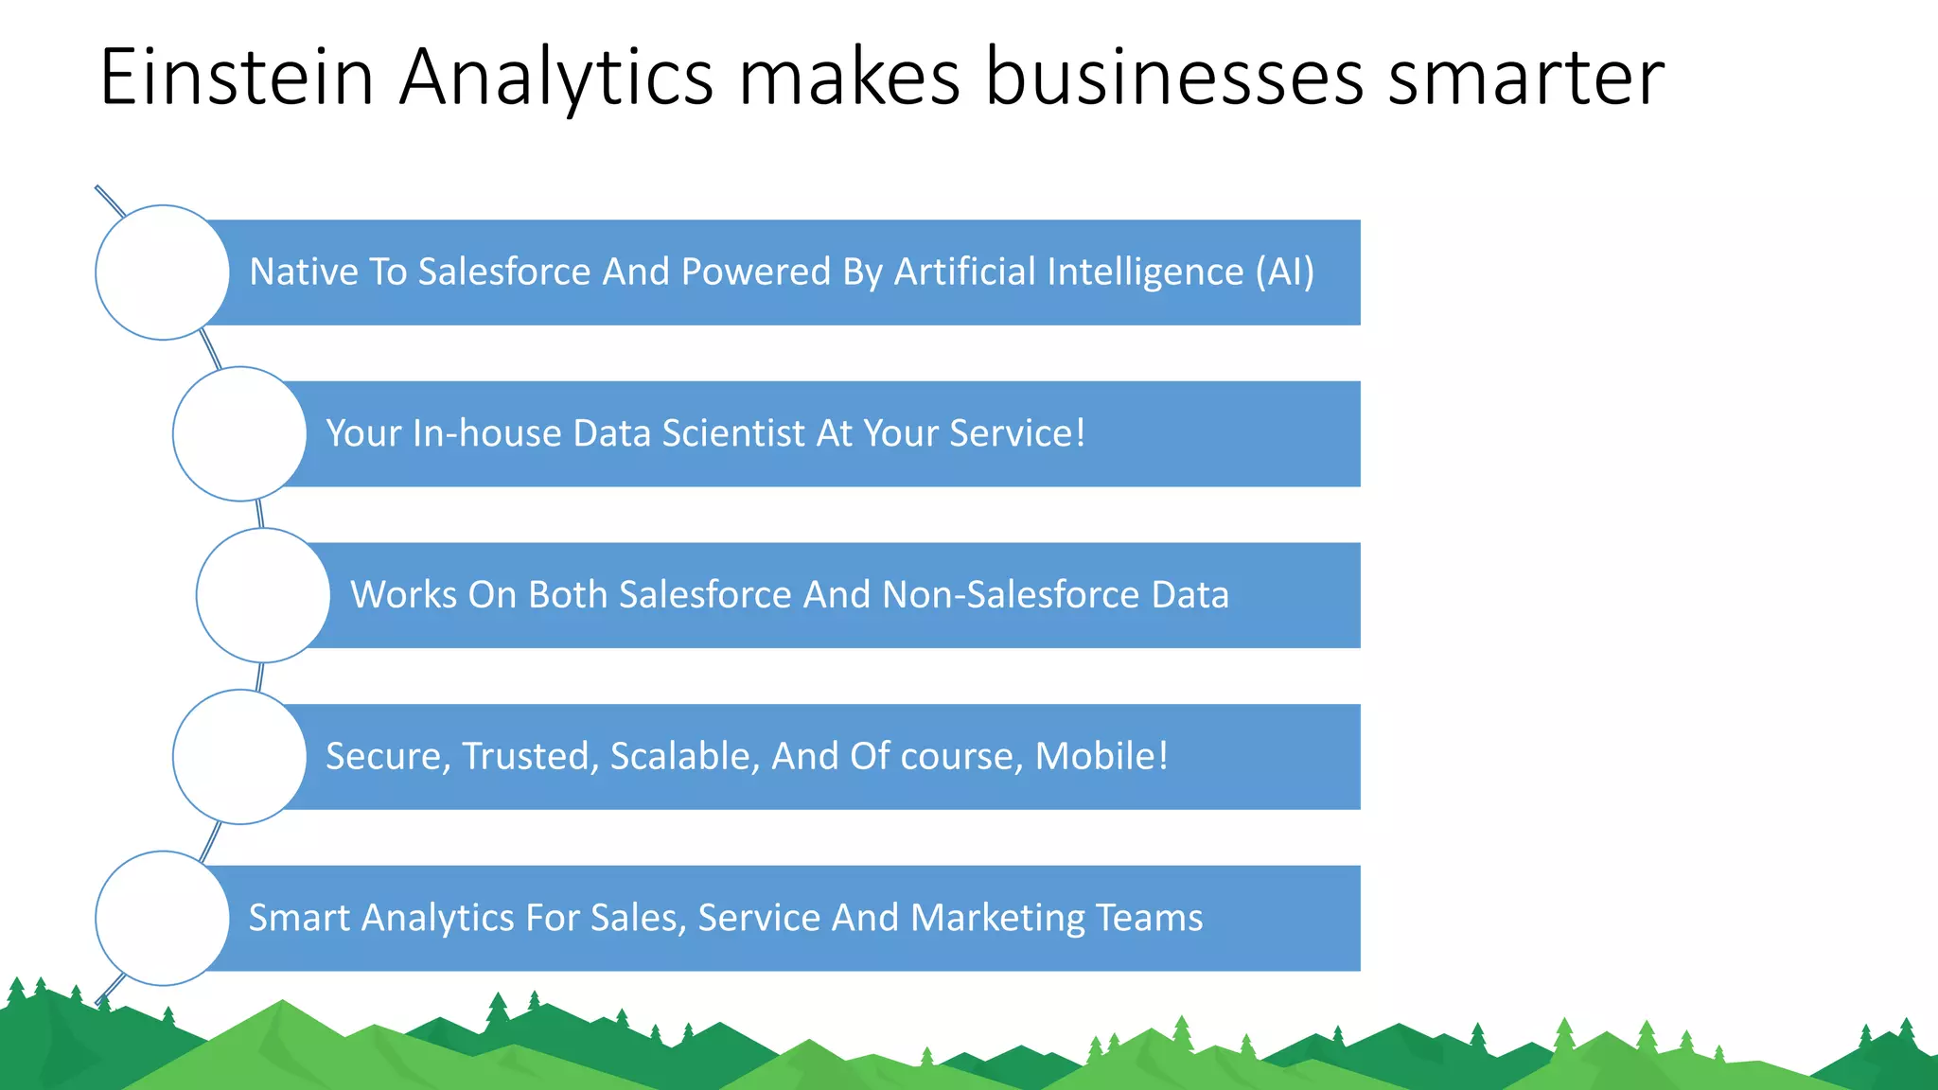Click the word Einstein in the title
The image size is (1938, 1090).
(x=237, y=78)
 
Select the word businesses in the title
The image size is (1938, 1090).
(x=1173, y=78)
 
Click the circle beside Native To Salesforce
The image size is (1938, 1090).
(x=163, y=272)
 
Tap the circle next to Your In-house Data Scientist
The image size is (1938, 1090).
(x=240, y=434)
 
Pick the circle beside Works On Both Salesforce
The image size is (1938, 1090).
(x=263, y=595)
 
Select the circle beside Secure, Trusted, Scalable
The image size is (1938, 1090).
(x=240, y=757)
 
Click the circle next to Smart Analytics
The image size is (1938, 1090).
(x=163, y=918)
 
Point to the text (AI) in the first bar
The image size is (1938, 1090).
(x=1284, y=272)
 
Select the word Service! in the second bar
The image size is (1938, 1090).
(x=1017, y=433)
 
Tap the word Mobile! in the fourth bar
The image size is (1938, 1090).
(x=1101, y=756)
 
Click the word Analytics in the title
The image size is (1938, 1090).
(x=555, y=78)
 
